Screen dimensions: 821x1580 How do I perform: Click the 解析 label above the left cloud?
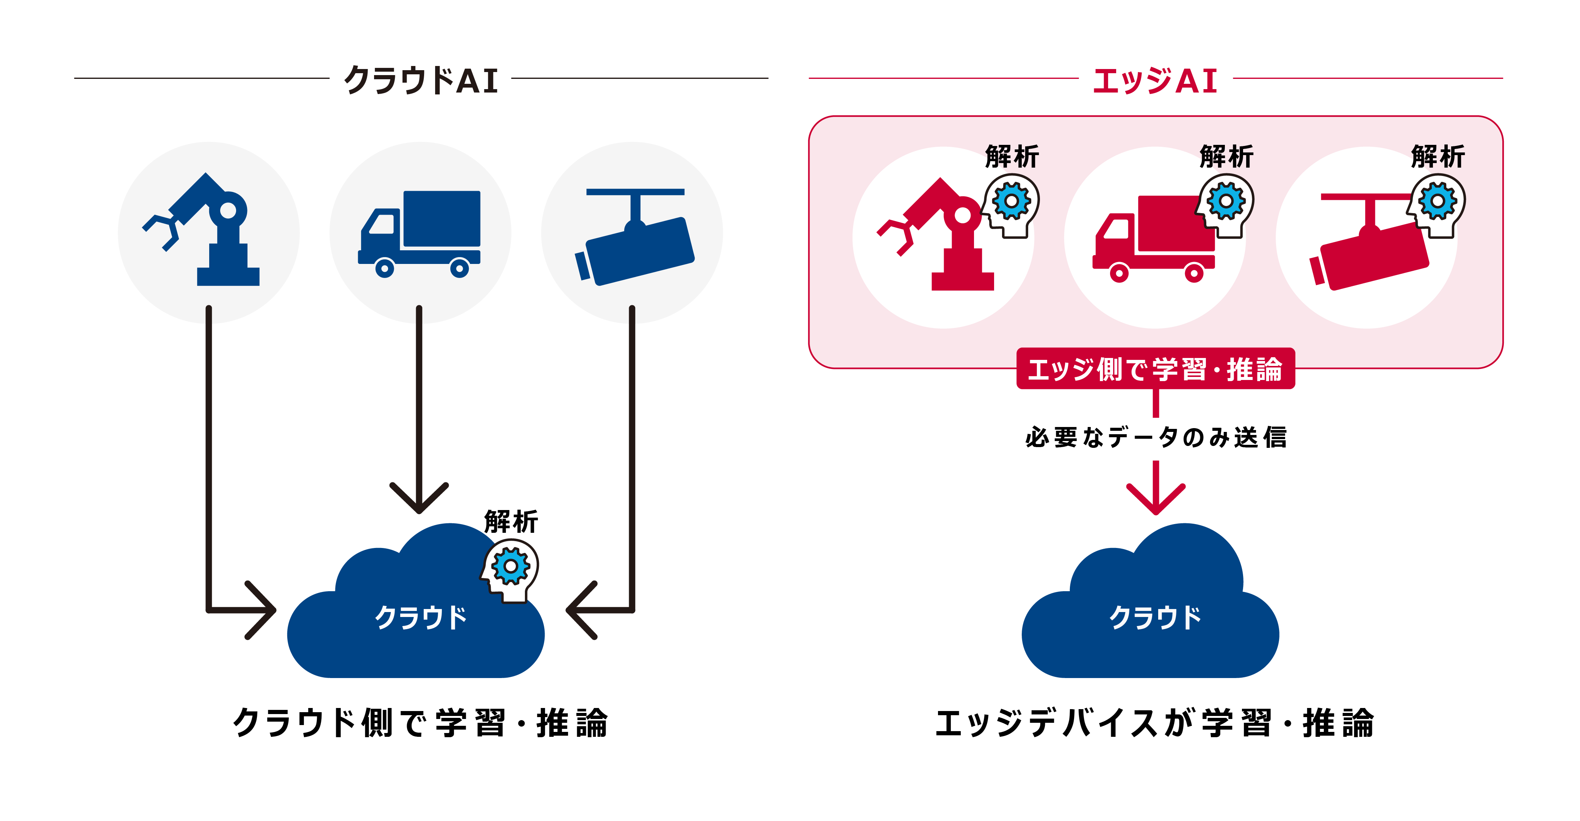511,521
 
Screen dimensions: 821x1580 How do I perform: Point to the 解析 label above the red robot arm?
1012,157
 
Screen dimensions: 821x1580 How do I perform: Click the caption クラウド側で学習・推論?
421,723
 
